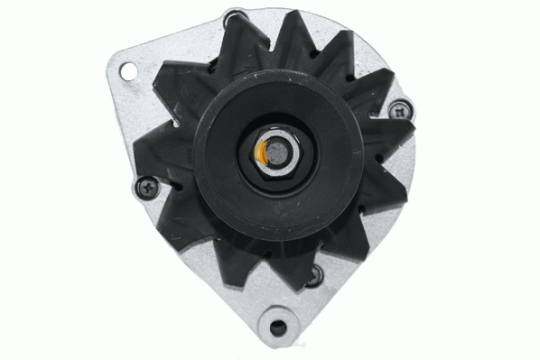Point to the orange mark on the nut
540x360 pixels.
[263, 153]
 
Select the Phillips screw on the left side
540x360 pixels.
[146, 187]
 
